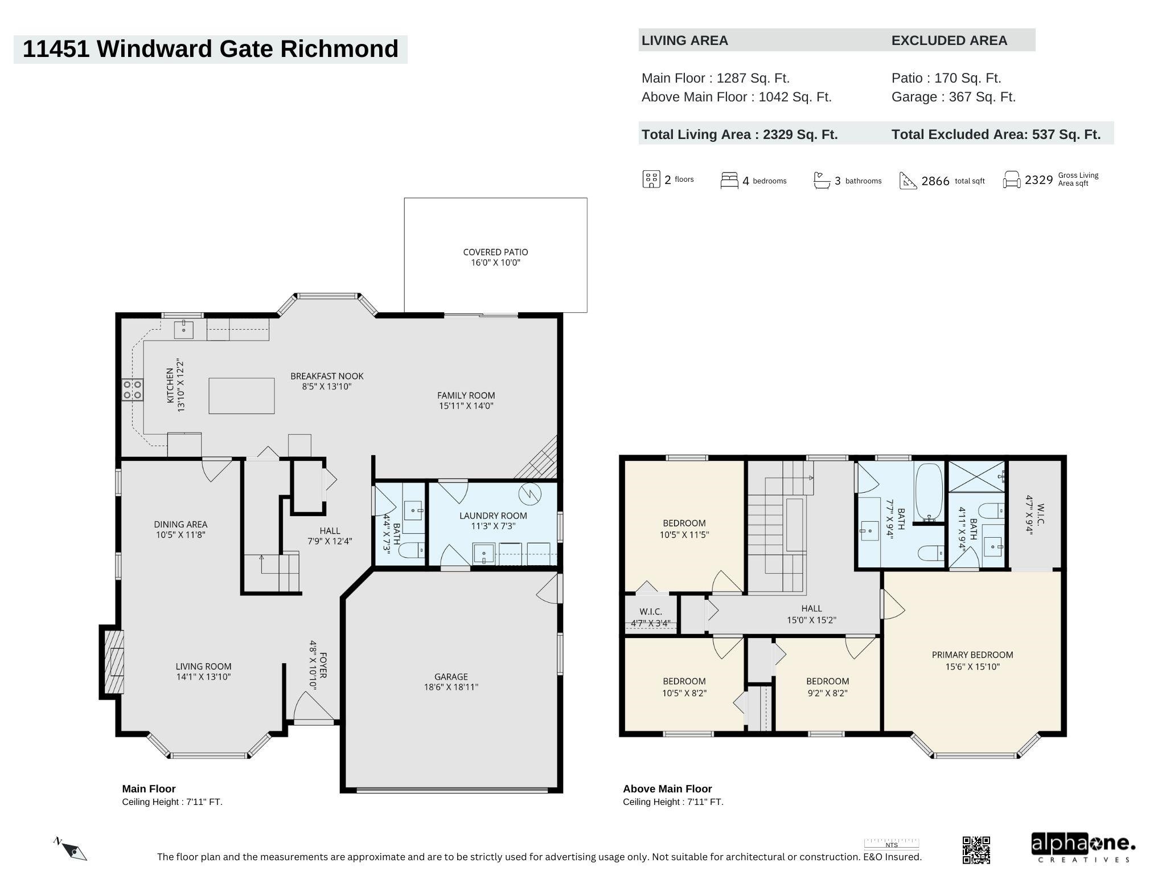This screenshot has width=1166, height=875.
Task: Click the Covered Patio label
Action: [x=495, y=257]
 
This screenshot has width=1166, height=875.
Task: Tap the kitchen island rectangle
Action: [x=241, y=396]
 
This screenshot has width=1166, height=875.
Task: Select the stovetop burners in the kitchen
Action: [x=133, y=390]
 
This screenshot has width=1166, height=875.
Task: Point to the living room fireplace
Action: [x=112, y=661]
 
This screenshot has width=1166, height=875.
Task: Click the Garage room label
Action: [x=451, y=682]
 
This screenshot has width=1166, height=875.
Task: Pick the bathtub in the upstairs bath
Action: [x=929, y=493]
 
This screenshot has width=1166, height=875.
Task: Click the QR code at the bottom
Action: [x=976, y=850]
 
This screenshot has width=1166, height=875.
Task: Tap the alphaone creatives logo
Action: [x=1083, y=848]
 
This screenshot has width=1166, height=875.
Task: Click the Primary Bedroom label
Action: [x=972, y=661]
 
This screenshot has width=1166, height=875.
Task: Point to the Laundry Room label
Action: [x=493, y=521]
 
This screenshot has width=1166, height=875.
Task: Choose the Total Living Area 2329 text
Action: [x=740, y=134]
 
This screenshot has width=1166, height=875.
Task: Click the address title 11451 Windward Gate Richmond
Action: [x=211, y=49]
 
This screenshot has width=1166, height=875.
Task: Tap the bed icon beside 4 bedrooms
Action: [x=729, y=180]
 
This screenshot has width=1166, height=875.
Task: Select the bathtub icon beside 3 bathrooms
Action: [x=822, y=180]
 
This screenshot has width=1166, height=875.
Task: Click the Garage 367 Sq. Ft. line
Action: [x=954, y=97]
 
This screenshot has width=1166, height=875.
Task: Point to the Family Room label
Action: [x=466, y=400]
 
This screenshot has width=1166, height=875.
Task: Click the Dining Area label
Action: [x=180, y=529]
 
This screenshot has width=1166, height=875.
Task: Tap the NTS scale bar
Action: [x=892, y=844]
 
